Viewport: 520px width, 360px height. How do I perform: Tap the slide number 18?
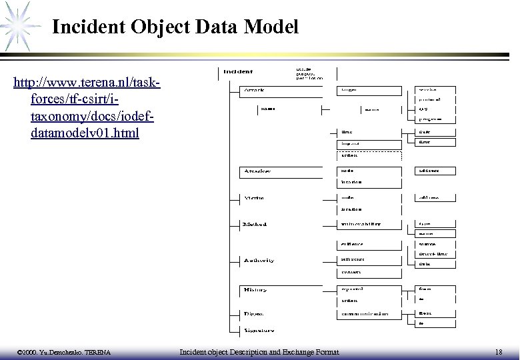click(499, 351)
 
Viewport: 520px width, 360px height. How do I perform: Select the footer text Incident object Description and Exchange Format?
click(260, 351)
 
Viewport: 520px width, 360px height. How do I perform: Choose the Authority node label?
click(258, 260)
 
